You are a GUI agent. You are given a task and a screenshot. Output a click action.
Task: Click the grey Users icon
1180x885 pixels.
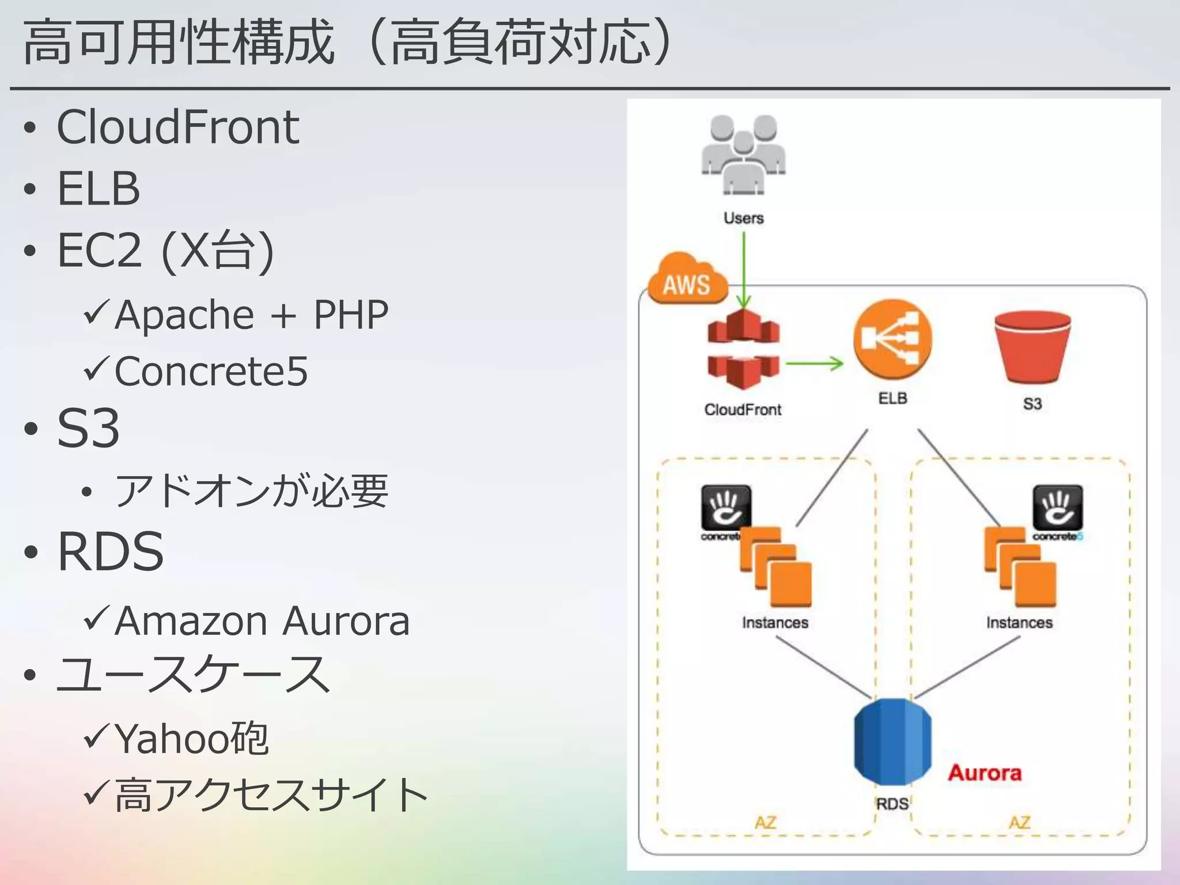(x=743, y=156)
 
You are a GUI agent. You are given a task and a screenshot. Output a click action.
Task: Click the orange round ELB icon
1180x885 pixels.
(x=892, y=339)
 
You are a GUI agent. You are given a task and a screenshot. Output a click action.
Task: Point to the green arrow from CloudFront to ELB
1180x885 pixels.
(x=814, y=364)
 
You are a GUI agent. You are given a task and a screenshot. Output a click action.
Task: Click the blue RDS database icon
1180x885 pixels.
(x=892, y=742)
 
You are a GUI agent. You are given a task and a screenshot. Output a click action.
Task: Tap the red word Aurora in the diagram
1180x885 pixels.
(x=985, y=773)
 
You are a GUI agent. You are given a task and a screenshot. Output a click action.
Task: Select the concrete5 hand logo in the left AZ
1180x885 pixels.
(x=725, y=508)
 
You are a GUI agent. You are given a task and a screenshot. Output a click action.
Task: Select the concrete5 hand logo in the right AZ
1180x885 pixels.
(x=1057, y=508)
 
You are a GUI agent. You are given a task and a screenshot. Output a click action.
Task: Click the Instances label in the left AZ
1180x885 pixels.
(x=775, y=623)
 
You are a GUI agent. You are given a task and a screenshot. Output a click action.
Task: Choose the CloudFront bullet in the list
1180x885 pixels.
(x=177, y=127)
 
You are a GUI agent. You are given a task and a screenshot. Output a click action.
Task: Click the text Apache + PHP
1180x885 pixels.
(x=251, y=315)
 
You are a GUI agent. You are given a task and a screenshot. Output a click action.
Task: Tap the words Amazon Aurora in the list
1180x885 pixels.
(x=262, y=622)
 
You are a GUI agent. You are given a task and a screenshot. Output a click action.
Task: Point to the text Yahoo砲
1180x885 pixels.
(x=191, y=739)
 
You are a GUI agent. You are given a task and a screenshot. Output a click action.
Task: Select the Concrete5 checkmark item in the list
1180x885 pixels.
(x=211, y=372)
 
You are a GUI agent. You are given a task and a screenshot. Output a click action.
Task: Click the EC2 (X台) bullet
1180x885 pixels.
(x=165, y=251)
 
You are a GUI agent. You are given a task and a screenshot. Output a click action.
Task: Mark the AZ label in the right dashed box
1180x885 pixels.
(x=1019, y=822)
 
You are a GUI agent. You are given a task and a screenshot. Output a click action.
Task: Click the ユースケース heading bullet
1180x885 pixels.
(x=193, y=675)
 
